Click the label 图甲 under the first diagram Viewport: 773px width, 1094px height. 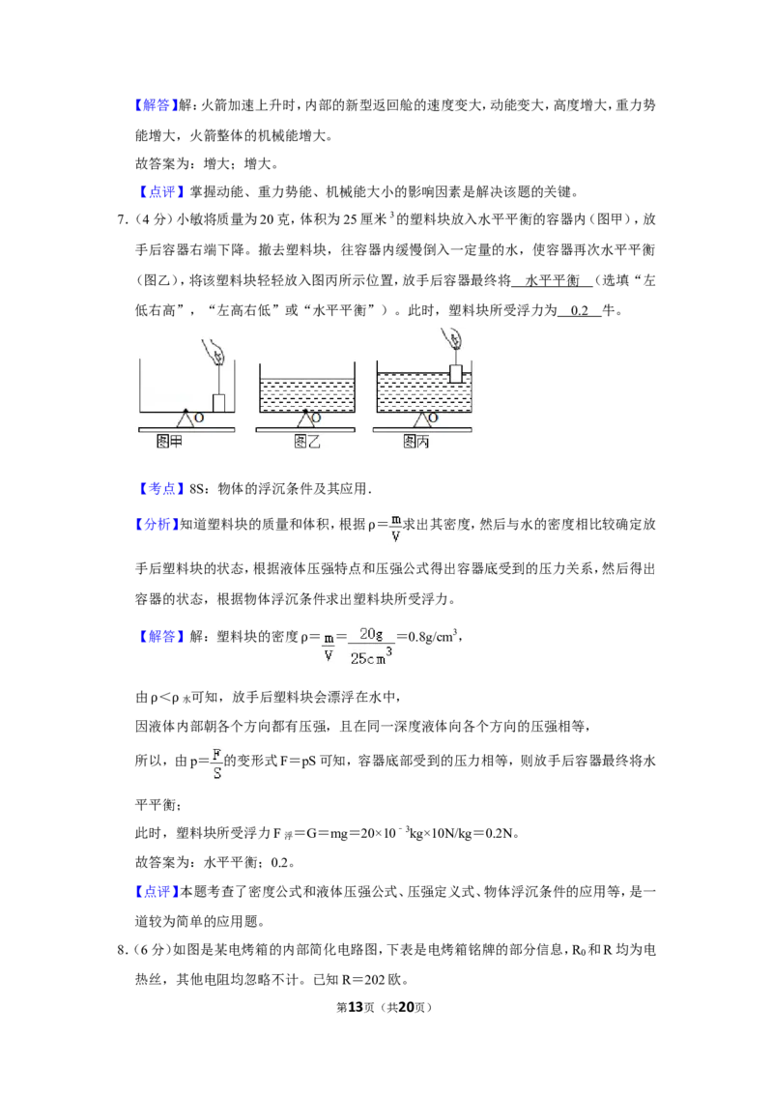tap(169, 441)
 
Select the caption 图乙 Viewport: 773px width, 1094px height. tap(307, 441)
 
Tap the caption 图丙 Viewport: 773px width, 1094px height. tap(416, 441)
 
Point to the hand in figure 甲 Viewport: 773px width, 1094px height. tap(213, 351)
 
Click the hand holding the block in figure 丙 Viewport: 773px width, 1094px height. tap(453, 340)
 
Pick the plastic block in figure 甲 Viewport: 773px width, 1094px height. tap(219, 403)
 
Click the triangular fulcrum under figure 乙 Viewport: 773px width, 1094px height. tap(305, 418)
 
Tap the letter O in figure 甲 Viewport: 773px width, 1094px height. tap(199, 417)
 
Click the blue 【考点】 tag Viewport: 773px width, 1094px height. tap(159, 488)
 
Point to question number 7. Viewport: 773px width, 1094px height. tap(122, 219)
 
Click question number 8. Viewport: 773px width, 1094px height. tap(122, 950)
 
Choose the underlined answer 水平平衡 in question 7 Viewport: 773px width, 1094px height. tap(552, 280)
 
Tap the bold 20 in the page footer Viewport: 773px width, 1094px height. tap(406, 1007)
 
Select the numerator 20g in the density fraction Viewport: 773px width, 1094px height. tap(371, 634)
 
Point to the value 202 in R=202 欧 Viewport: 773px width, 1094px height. tap(375, 980)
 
